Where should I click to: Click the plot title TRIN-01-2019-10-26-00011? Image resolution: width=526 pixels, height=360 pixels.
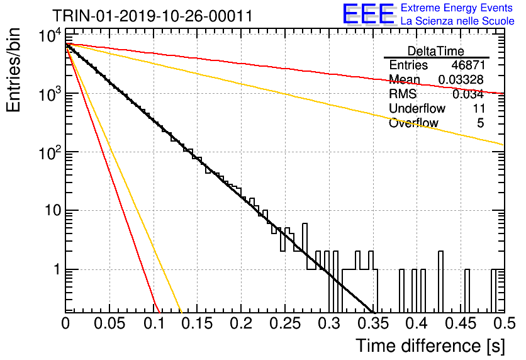coord(152,16)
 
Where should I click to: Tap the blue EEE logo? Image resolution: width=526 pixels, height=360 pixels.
coord(369,14)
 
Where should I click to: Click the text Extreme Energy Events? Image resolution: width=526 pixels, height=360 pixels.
coord(457,8)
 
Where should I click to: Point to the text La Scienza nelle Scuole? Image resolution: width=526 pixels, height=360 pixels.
coord(457,21)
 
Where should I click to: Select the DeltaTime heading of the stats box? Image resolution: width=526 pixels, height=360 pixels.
coord(435,51)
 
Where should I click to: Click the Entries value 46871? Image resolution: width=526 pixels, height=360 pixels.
coord(468,65)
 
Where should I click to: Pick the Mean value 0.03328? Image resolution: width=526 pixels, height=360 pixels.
coord(461,79)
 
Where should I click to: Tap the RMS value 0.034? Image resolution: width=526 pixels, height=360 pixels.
coord(468,94)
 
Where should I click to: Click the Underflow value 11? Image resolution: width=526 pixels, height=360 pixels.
coord(478,108)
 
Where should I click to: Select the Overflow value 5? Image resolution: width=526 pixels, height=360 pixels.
coord(480,123)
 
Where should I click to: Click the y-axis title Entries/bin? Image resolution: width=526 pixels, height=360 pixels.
coord(13,70)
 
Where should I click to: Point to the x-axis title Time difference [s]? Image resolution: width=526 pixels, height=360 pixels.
coord(430,346)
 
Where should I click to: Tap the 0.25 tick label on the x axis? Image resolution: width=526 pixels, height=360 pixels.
coord(285,323)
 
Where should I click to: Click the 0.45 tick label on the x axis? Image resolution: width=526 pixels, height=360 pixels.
coord(461,323)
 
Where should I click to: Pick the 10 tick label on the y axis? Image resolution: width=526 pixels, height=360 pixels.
coord(53,211)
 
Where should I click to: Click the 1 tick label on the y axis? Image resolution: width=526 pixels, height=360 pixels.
coord(58,269)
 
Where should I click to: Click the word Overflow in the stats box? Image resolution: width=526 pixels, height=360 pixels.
coord(413,123)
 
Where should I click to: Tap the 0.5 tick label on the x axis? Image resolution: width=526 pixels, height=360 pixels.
coord(505,323)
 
